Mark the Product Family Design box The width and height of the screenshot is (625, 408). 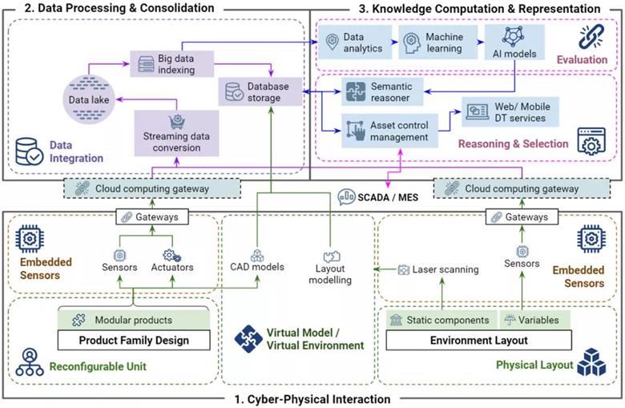coord(134,340)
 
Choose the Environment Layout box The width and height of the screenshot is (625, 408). coord(478,340)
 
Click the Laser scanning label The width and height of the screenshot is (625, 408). coord(439,269)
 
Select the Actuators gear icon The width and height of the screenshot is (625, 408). coord(170,255)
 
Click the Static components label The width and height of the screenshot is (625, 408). coord(439,320)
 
